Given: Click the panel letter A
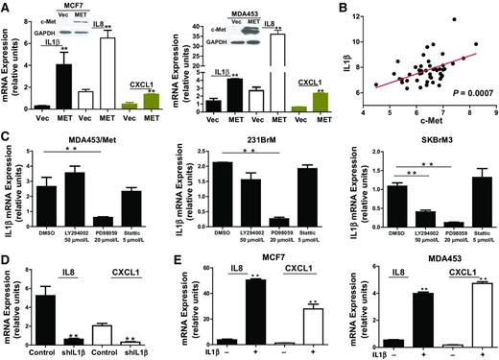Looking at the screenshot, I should (7, 8).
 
